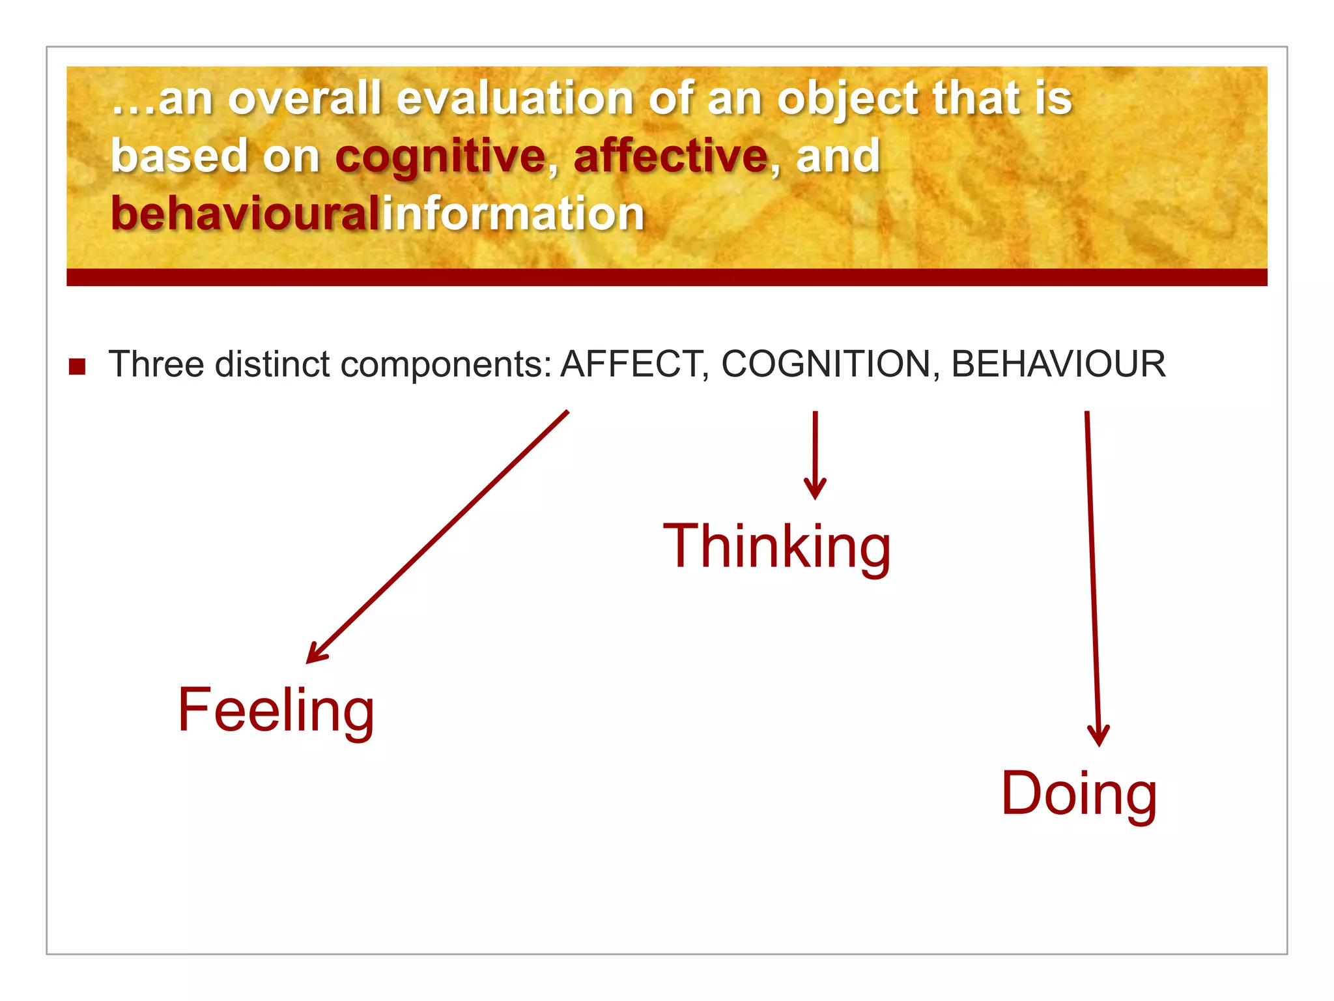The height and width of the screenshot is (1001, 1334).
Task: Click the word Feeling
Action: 276,710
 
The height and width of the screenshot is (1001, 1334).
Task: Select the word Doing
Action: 1079,793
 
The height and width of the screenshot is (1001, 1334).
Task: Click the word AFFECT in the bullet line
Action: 631,364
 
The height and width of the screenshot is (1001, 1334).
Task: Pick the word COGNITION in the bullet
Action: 826,364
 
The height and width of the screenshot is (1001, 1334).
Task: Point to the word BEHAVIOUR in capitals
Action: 1058,364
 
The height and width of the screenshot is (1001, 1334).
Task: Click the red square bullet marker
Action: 78,367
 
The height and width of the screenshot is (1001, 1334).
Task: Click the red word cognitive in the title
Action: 440,156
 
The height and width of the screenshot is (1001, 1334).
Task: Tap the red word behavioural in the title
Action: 244,214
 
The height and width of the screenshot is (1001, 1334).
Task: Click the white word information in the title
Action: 513,214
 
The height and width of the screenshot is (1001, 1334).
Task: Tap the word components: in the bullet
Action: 446,365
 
